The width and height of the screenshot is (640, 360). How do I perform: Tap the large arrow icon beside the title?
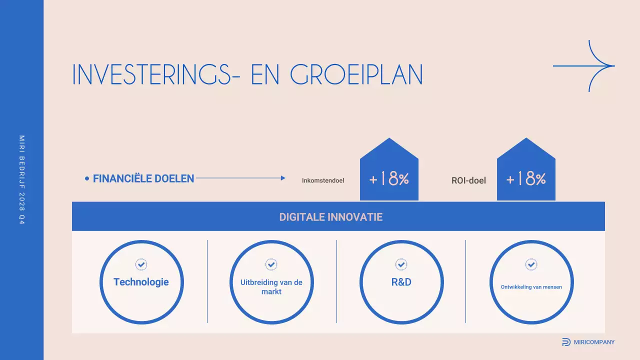584,66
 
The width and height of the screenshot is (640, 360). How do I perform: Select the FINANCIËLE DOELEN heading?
143,178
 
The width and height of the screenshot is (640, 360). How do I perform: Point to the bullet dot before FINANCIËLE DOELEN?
87,178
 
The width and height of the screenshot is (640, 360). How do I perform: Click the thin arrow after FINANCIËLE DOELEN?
240,178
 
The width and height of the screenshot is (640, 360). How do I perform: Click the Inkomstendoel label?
323,180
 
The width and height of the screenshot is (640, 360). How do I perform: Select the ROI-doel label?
468,180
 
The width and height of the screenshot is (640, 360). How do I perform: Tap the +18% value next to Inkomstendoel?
389,179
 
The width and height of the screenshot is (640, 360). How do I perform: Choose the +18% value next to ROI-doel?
526,179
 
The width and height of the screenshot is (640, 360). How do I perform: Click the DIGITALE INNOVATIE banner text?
331,217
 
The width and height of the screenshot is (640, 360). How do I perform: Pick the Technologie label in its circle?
141,282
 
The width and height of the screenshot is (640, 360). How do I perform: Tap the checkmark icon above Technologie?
141,264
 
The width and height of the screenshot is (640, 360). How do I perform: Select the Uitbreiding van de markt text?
271,287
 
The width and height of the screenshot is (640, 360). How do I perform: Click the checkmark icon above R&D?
401,264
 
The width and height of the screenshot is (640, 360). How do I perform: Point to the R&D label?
401,282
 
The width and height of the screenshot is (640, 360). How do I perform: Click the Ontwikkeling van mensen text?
531,287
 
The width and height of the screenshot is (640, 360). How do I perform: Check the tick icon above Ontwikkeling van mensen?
531,264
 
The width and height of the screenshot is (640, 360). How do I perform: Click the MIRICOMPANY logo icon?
566,342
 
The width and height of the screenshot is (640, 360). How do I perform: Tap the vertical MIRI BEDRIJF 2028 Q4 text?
22,179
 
